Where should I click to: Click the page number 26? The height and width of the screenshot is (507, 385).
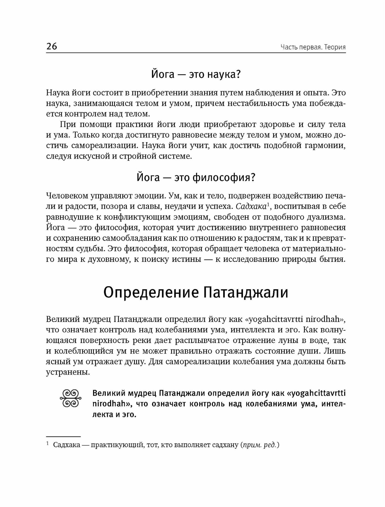[52, 47]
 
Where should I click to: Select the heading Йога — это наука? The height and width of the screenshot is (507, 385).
[196, 75]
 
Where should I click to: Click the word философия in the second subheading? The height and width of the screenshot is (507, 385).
[223, 177]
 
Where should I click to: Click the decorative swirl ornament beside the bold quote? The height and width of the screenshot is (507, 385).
[70, 399]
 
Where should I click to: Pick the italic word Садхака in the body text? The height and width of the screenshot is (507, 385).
[251, 206]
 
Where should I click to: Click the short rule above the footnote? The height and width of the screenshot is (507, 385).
[63, 437]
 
